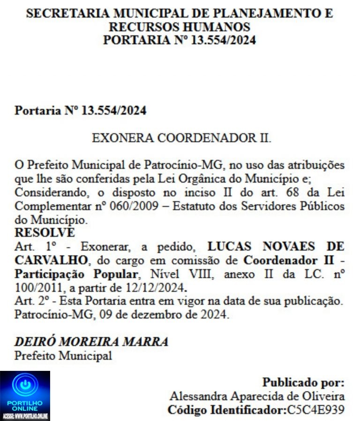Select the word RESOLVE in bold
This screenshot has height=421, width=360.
(x=45, y=233)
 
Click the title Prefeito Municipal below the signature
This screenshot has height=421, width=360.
(x=63, y=355)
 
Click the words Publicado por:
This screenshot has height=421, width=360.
(x=303, y=382)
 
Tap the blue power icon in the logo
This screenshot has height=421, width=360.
(x=25, y=385)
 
